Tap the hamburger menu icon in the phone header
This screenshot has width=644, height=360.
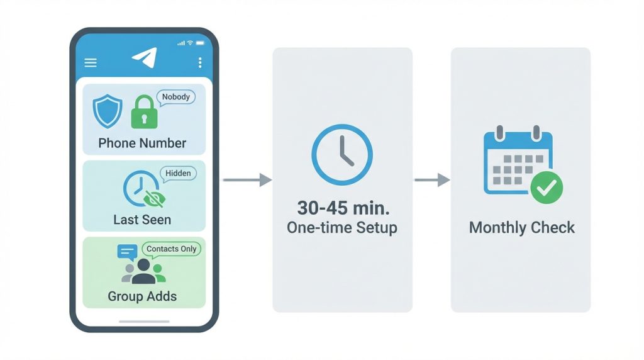pyautogui.click(x=91, y=62)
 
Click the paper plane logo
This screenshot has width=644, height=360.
pyautogui.click(x=145, y=57)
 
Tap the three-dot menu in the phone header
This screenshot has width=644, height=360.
pyautogui.click(x=200, y=62)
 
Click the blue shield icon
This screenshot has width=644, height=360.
pyautogui.click(x=108, y=111)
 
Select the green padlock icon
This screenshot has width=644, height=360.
pyautogui.click(x=144, y=112)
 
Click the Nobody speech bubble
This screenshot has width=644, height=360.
pyautogui.click(x=176, y=98)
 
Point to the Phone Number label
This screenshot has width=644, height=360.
pyautogui.click(x=142, y=143)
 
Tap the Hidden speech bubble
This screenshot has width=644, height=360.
pyautogui.click(x=178, y=174)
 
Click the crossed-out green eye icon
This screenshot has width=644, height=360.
pyautogui.click(x=155, y=199)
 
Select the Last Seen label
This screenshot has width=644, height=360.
pyautogui.click(x=142, y=220)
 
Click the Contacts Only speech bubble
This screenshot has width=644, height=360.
pyautogui.click(x=171, y=249)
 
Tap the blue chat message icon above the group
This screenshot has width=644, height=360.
pyautogui.click(x=127, y=252)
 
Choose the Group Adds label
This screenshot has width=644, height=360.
pyautogui.click(x=142, y=296)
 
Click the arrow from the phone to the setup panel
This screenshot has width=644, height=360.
pyautogui.click(x=247, y=179)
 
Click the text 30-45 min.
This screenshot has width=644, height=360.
pyautogui.click(x=343, y=208)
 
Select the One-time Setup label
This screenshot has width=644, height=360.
pyautogui.click(x=342, y=228)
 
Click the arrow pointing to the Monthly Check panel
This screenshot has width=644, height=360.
pyautogui.click(x=432, y=179)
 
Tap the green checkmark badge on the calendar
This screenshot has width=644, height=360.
pyautogui.click(x=547, y=188)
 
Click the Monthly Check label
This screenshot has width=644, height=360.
pyautogui.click(x=521, y=228)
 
